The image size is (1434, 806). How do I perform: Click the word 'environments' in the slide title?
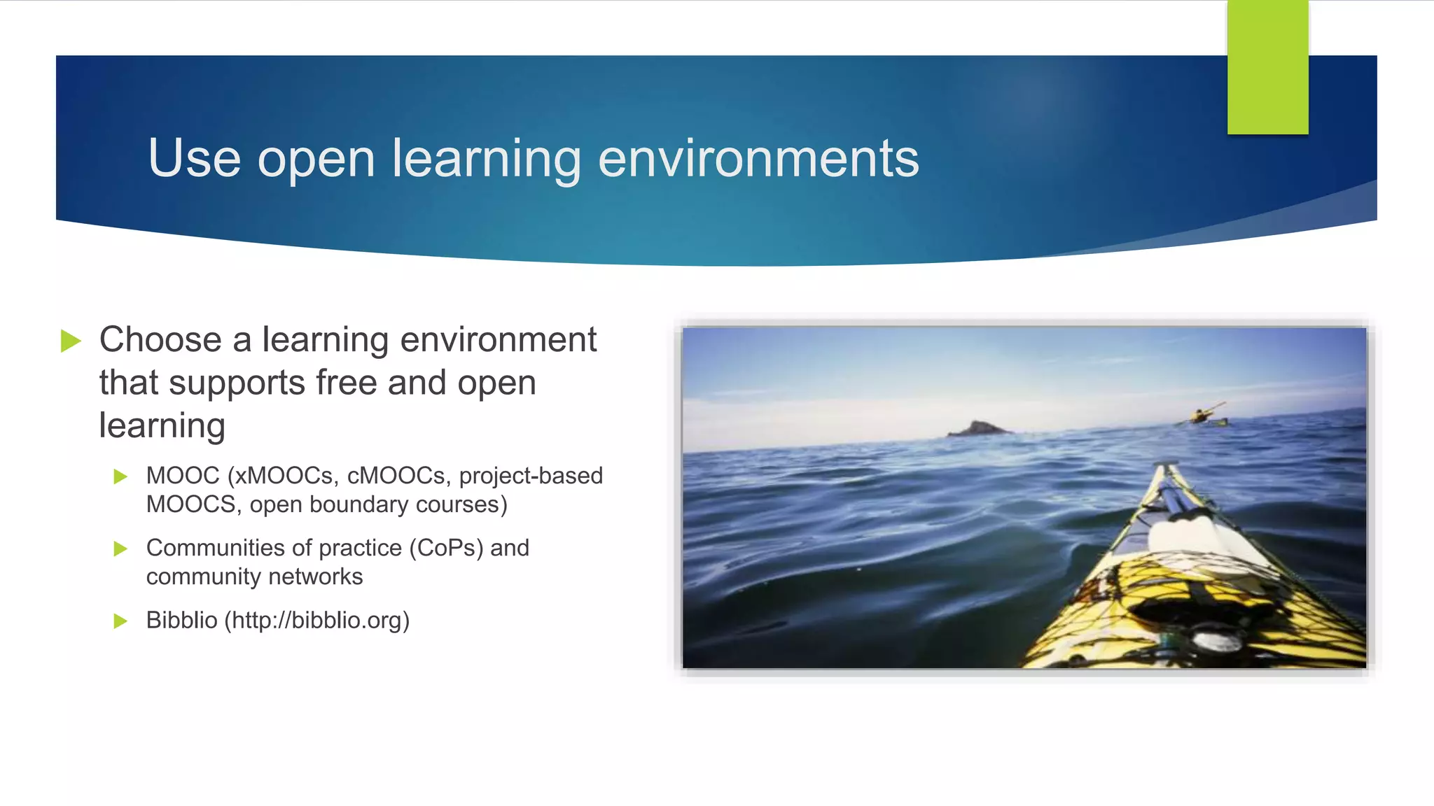coord(758,159)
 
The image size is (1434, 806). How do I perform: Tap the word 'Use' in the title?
coord(195,159)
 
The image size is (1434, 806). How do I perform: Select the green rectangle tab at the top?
coord(1267,67)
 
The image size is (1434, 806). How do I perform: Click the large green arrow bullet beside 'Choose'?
coord(71,341)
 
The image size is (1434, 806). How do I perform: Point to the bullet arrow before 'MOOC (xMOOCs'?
coord(120,476)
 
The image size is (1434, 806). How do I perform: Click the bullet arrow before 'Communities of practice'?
coord(120,549)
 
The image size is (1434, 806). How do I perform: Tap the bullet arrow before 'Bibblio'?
coord(120,621)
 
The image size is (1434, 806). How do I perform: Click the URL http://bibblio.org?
coord(317,621)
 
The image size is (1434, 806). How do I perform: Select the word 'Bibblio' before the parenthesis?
coord(181,621)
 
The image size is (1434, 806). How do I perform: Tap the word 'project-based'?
coord(531,476)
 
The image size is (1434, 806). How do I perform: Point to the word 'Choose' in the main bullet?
coord(161,340)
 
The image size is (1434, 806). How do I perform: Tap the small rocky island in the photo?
coord(978,428)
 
